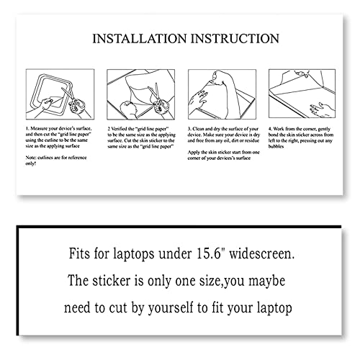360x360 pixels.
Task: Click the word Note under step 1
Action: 33,157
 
